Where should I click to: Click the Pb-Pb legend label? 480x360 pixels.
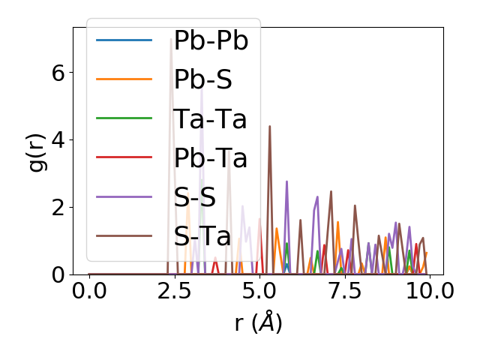(x=211, y=41)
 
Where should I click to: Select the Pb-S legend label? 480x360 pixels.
(x=203, y=80)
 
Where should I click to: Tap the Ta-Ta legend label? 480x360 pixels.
(x=210, y=119)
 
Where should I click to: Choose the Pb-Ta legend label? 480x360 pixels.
(x=210, y=158)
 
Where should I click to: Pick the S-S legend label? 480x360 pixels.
(x=194, y=197)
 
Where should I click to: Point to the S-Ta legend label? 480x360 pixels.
(x=202, y=236)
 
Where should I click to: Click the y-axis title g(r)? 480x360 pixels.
(x=37, y=151)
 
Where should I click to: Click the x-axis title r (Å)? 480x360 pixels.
(x=258, y=322)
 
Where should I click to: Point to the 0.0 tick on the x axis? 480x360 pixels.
(x=89, y=290)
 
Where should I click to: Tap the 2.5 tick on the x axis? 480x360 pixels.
(x=174, y=290)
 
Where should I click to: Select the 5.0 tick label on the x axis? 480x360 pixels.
(x=259, y=290)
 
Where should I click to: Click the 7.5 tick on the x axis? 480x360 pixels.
(x=344, y=290)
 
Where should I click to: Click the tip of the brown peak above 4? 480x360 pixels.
(x=269, y=127)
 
